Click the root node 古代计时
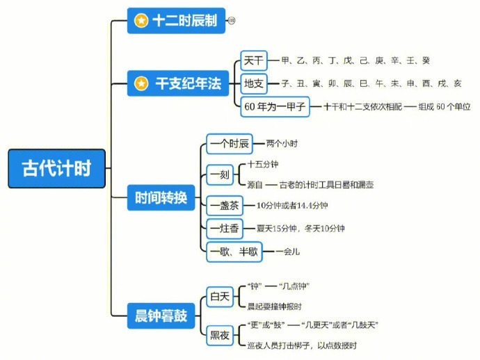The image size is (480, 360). (56, 169)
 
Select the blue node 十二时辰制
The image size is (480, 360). (176, 22)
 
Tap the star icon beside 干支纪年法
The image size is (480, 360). (141, 84)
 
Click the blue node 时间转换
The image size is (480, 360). (161, 198)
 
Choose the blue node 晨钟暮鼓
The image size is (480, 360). (161, 316)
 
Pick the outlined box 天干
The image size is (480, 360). (254, 61)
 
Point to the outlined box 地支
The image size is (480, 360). (254, 84)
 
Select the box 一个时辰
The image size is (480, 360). (230, 144)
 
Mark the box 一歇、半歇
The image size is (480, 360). (233, 252)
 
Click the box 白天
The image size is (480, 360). (220, 297)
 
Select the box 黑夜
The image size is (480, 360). (220, 335)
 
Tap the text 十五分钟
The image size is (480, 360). (264, 165)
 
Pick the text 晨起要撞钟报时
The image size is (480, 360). (274, 306)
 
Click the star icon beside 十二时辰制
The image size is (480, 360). (141, 22)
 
